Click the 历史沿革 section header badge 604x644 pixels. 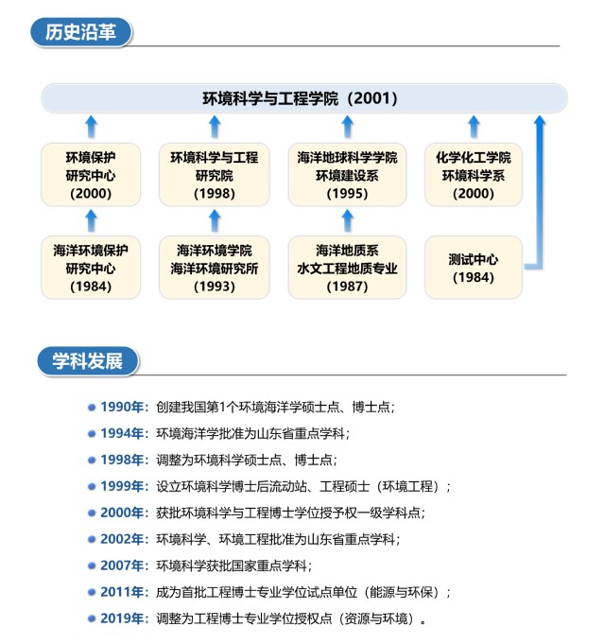pos(81,32)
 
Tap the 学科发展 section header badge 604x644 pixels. pos(88,361)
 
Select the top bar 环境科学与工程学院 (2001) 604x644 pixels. pos(303,98)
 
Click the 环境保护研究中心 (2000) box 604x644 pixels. pos(91,175)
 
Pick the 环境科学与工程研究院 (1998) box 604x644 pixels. pos(215,175)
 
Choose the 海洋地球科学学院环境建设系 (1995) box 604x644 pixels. pos(348,175)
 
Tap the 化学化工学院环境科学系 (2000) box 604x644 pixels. pos(474,175)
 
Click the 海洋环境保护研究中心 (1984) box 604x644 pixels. pos(91,268)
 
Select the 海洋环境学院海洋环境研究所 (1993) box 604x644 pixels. pos(215,268)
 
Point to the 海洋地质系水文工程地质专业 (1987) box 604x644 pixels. pos(348,268)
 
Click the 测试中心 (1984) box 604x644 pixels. pos(474,268)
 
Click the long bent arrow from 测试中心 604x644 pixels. pos(540,193)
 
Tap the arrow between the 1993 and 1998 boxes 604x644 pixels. pos(215,221)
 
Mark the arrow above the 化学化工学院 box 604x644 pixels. pos(474,127)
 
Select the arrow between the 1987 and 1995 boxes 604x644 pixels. pos(348,221)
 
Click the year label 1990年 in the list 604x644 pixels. pos(122,407)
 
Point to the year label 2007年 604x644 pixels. pos(122,566)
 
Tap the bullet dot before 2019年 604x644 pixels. pos(92,618)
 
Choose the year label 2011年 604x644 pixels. pos(122,592)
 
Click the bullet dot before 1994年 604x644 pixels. pos(92,434)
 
